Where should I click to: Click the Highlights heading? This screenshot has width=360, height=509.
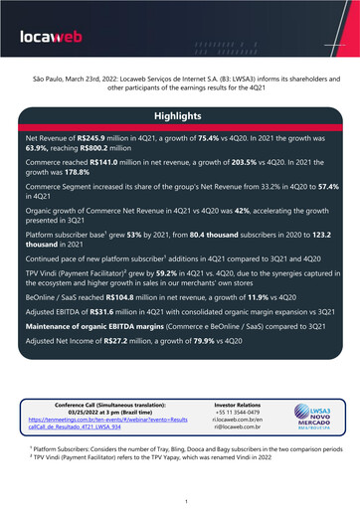[179, 116]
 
